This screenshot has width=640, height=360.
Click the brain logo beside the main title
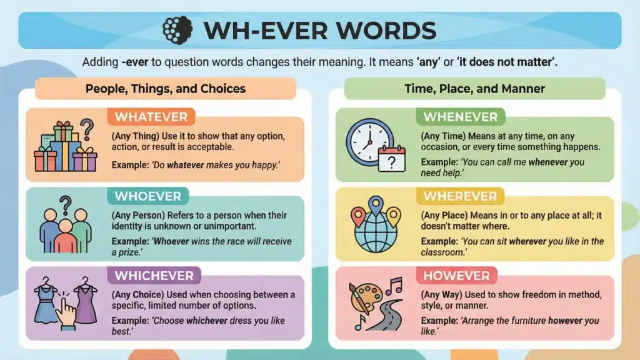pyautogui.click(x=177, y=29)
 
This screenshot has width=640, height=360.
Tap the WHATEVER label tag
pyautogui.click(x=151, y=117)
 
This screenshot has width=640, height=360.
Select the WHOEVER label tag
pyautogui.click(x=147, y=196)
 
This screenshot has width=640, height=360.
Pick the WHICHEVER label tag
pyautogui.click(x=154, y=275)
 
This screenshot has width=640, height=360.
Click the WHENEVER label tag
pyautogui.click(x=460, y=117)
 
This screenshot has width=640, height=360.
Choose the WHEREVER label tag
pyautogui.click(x=460, y=196)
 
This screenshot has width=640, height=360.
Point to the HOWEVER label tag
pyautogui.click(x=456, y=275)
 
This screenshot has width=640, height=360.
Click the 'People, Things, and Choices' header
pyautogui.click(x=165, y=89)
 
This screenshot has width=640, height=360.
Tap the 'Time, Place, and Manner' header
pyautogui.click(x=474, y=89)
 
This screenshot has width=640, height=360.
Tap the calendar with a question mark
pyautogui.click(x=392, y=160)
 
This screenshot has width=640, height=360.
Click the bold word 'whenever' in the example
pyautogui.click(x=547, y=162)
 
